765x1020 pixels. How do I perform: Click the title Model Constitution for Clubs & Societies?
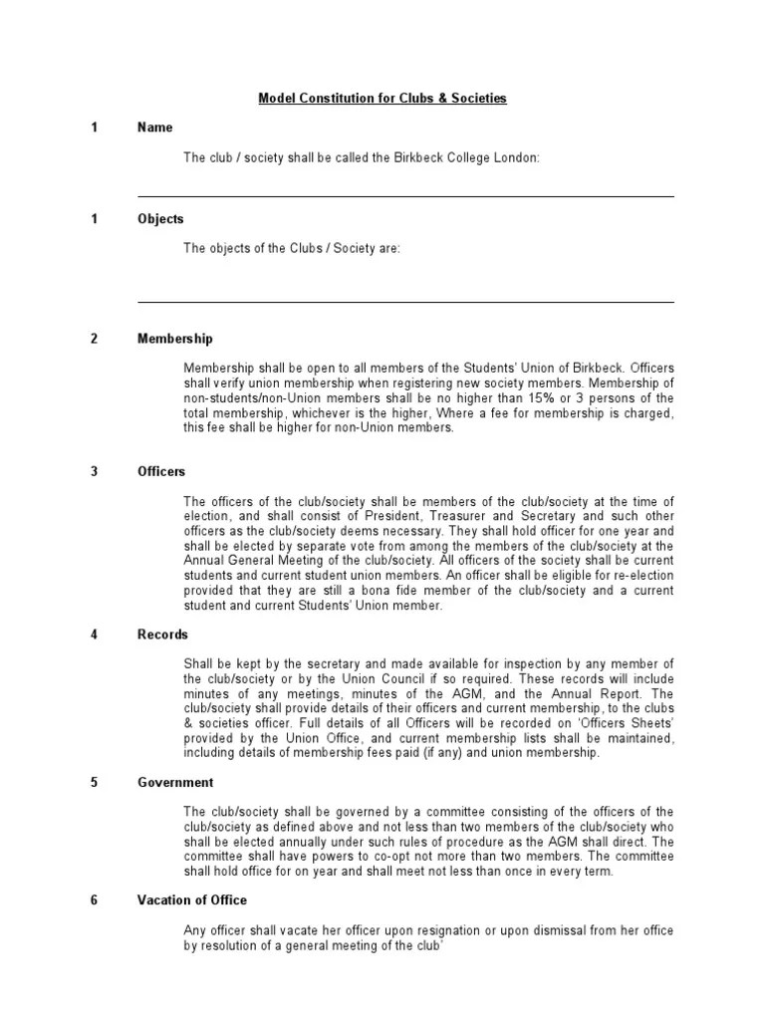(x=382, y=98)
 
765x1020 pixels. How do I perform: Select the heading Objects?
(x=160, y=219)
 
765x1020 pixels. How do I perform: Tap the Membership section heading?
(x=174, y=340)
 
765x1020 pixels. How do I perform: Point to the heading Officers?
(x=161, y=471)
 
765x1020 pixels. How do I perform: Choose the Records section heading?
(x=162, y=635)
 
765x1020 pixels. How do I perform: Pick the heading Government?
(x=175, y=783)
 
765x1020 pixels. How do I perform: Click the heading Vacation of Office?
(x=192, y=901)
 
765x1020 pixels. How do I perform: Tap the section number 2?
(x=95, y=340)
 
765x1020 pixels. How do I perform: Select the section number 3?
(x=95, y=471)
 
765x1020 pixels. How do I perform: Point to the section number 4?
(x=95, y=635)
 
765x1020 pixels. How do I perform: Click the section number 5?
(x=95, y=783)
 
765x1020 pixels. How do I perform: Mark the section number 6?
(x=95, y=901)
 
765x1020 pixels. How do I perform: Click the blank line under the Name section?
(x=404, y=196)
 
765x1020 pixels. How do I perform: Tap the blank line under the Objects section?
(x=404, y=301)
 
